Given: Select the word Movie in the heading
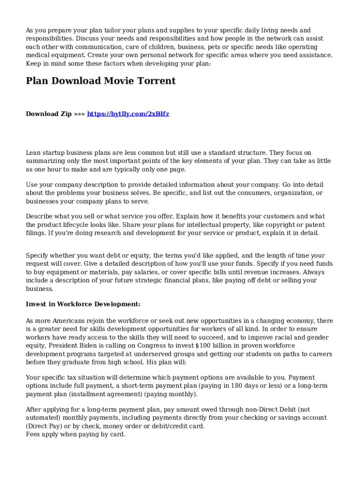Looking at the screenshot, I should (117, 81).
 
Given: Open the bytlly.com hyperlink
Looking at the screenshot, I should (128, 114).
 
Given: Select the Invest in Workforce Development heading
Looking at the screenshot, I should (83, 304).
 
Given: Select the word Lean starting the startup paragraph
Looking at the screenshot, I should (34, 152).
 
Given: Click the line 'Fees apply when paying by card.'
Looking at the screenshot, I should (75, 434).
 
